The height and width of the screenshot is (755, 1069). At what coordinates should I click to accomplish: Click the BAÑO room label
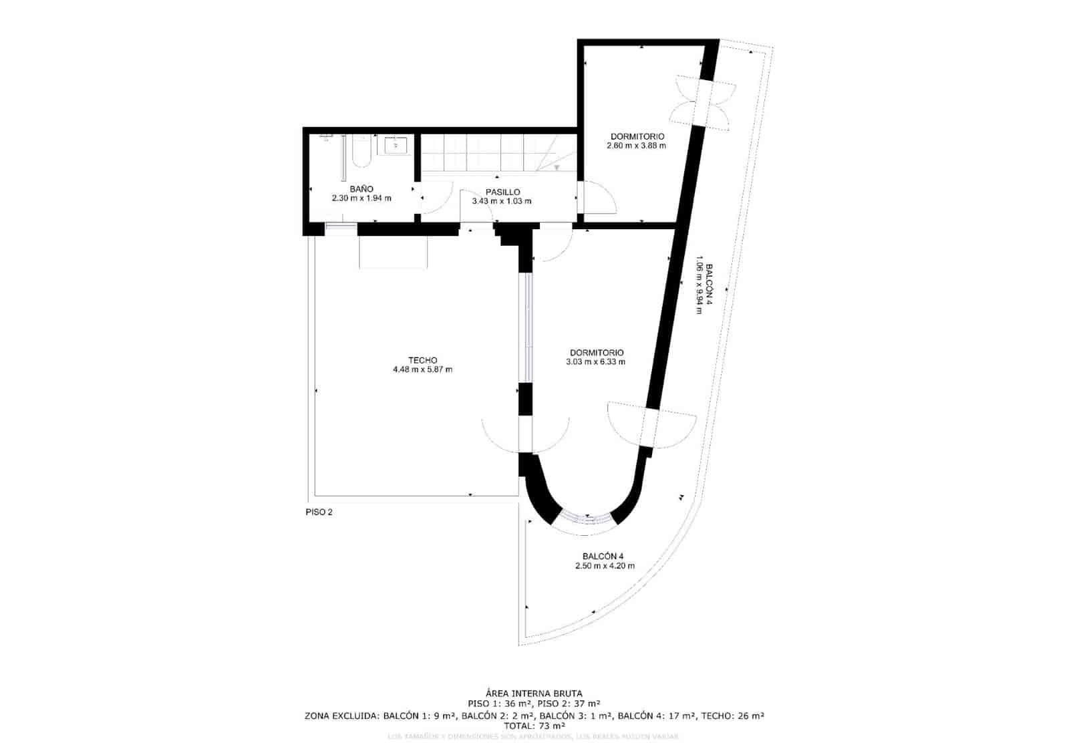click(x=361, y=189)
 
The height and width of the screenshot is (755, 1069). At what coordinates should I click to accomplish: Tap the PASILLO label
click(x=502, y=192)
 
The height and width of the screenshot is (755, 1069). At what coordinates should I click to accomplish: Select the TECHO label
click(x=422, y=360)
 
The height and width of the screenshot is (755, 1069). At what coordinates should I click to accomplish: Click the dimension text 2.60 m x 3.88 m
click(x=636, y=146)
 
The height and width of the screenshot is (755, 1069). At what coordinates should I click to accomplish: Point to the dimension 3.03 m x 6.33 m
click(x=595, y=362)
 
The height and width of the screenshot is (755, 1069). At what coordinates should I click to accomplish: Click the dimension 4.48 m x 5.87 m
click(x=422, y=369)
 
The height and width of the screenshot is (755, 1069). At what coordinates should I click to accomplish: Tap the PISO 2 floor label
click(x=318, y=512)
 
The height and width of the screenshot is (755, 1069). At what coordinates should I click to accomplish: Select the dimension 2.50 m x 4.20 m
click(x=605, y=566)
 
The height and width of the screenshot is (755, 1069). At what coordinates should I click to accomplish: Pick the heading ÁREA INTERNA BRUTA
click(x=534, y=694)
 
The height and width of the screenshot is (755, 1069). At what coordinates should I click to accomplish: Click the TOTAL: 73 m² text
click(x=534, y=726)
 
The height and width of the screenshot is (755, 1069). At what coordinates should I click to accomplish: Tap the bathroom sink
click(x=396, y=144)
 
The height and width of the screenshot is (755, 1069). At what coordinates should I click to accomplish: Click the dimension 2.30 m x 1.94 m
click(x=361, y=198)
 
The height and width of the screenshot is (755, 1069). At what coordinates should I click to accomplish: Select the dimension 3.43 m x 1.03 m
click(x=502, y=201)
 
